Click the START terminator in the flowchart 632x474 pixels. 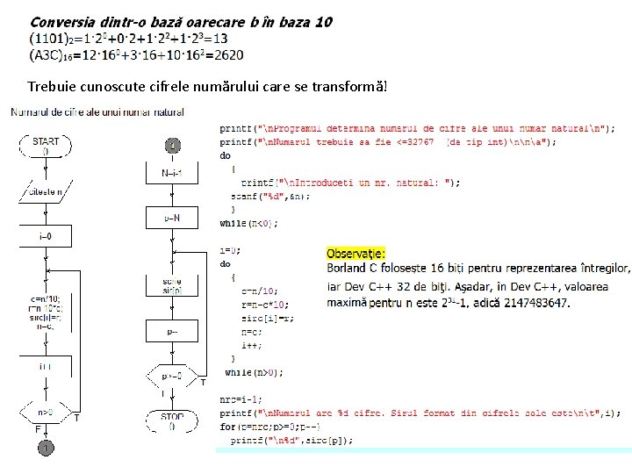pyautogui.click(x=46, y=146)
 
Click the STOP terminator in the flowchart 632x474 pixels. pyautogui.click(x=172, y=420)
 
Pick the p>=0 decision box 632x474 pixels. pyautogui.click(x=173, y=376)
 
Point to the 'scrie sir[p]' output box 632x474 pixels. pyautogui.click(x=172, y=285)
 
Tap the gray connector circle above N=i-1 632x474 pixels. pyautogui.click(x=173, y=144)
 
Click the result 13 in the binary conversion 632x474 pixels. pyautogui.click(x=219, y=39)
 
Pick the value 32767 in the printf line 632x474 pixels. pyautogui.click(x=415, y=141)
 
